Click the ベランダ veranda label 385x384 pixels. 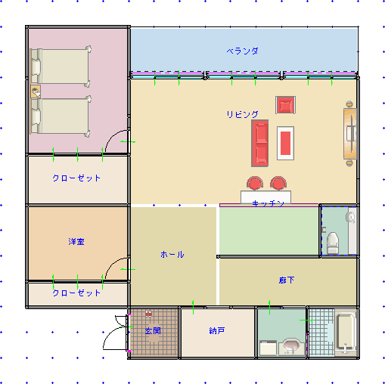pyautogui.click(x=242, y=51)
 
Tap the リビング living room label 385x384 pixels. pyautogui.click(x=242, y=114)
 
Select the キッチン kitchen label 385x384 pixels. pyautogui.click(x=268, y=203)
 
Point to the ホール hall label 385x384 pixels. pyautogui.click(x=172, y=255)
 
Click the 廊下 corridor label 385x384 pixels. pyautogui.click(x=287, y=280)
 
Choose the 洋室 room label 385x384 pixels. pyautogui.click(x=76, y=242)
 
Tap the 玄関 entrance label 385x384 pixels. pyautogui.click(x=153, y=331)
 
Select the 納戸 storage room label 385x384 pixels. pyautogui.click(x=217, y=330)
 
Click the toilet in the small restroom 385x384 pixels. pyautogui.click(x=333, y=243)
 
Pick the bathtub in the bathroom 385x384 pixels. pyautogui.click(x=346, y=332)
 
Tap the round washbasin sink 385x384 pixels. pyautogui.click(x=291, y=345)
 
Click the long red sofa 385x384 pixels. pyautogui.click(x=259, y=143)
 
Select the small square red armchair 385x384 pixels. pyautogui.click(x=285, y=105)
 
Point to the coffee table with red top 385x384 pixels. pyautogui.click(x=285, y=143)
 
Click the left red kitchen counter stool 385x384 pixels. pyautogui.click(x=255, y=183)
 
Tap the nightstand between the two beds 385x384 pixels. pyautogui.click(x=36, y=91)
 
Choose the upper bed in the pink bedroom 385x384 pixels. pyautogui.click(x=61, y=67)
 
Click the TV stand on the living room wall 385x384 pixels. pyautogui.click(x=350, y=134)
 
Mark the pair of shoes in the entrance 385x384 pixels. pyautogui.click(x=149, y=314)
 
